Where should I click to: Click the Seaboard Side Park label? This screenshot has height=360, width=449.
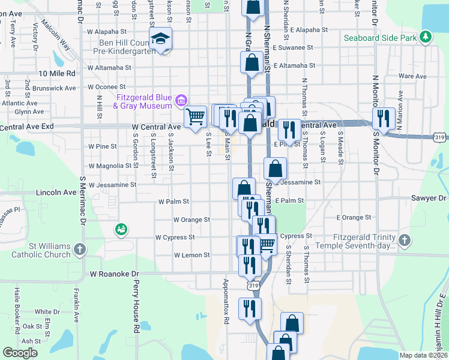(x=380, y=38)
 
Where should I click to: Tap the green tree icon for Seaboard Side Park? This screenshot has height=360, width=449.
(x=426, y=37)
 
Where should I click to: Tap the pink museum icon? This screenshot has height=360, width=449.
(x=181, y=99)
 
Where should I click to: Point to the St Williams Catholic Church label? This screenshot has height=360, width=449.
(x=50, y=251)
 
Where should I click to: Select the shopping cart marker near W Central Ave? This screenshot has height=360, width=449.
(x=195, y=116)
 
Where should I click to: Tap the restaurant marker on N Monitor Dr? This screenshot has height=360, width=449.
(x=383, y=118)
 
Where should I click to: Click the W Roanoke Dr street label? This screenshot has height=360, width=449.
(x=115, y=274)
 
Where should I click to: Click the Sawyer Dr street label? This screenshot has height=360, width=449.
(x=430, y=197)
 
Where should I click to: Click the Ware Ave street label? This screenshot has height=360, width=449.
(x=412, y=77)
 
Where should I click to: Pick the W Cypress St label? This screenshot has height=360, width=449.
(x=175, y=238)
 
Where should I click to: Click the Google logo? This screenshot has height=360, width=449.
(x=20, y=353)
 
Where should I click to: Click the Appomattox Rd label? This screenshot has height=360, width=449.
(x=226, y=302)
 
